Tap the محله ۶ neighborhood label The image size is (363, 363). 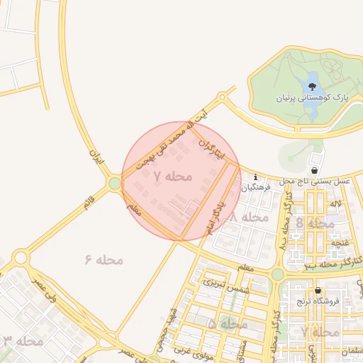[104, 260]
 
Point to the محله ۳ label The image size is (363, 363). [23, 341]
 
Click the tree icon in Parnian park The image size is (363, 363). [312, 87]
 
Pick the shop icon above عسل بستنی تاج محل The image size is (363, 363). [314, 170]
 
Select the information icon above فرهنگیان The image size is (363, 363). [255, 177]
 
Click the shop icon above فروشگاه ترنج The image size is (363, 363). [318, 291]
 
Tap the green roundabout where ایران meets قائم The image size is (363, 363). [115, 184]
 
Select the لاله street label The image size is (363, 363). [335, 203]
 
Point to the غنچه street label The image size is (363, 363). [335, 242]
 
